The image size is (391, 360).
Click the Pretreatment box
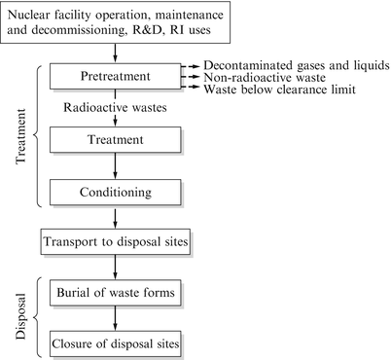click(x=117, y=76)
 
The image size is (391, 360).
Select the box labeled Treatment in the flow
click(x=117, y=140)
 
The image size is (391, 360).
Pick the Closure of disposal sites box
click(x=117, y=342)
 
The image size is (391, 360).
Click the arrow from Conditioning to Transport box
click(x=117, y=217)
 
